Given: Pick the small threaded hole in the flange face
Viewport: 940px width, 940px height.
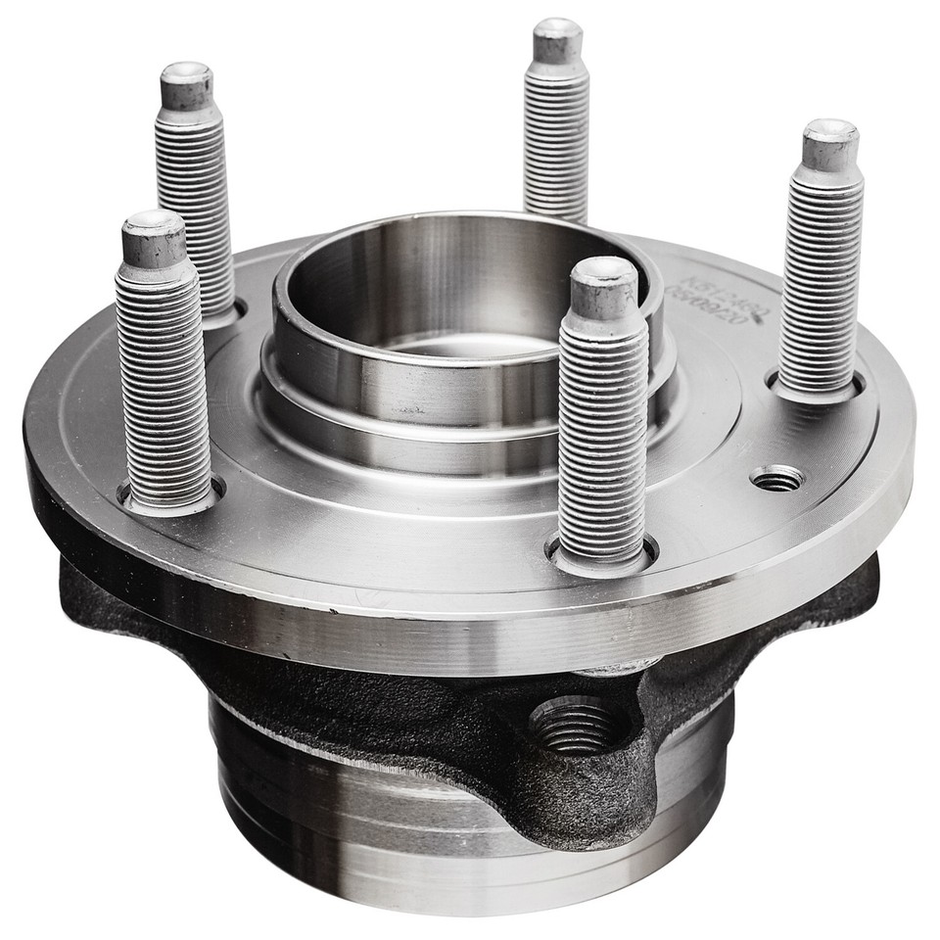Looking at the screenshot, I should pos(777,479).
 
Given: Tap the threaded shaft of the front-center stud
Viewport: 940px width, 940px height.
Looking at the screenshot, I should pos(603,431).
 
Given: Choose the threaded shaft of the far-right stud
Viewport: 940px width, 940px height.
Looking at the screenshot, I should pos(821,274).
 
